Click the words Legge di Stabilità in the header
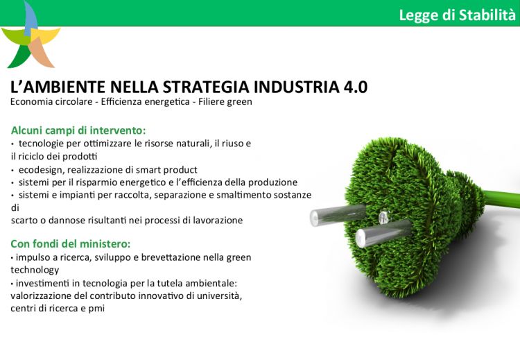(x=458, y=15)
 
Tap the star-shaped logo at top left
(x=31, y=37)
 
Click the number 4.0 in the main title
(x=356, y=87)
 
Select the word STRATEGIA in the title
(x=206, y=87)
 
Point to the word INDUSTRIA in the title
(x=297, y=87)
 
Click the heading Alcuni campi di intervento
(x=78, y=130)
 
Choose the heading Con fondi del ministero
(x=70, y=244)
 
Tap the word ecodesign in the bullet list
(x=42, y=170)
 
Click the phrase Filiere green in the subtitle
(x=225, y=101)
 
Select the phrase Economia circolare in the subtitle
(x=51, y=101)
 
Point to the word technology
(x=35, y=270)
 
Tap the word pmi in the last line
(x=96, y=309)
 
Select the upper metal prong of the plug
(x=338, y=215)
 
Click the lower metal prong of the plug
(x=383, y=233)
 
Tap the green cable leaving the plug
(x=501, y=199)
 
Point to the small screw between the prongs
(x=384, y=216)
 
